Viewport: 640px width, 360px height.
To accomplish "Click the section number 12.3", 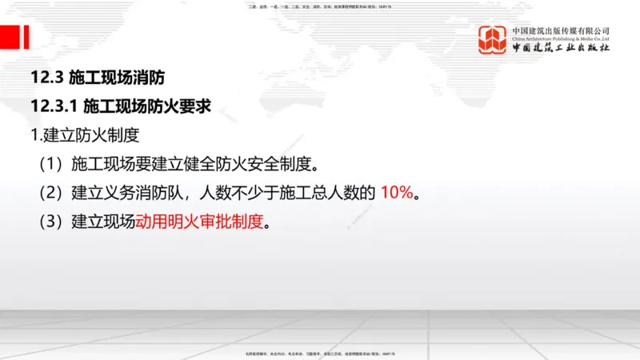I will pyautogui.click(x=46, y=78).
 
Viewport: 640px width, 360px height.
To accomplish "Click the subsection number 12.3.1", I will pyautogui.click(x=53, y=106).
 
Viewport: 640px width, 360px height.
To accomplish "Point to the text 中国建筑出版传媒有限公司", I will pyautogui.click(x=561, y=29).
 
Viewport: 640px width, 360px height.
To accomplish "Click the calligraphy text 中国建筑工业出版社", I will pyautogui.click(x=561, y=49).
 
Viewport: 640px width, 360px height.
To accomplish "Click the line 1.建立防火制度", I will pyautogui.click(x=84, y=135).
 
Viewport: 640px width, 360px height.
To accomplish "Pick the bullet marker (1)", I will pyautogui.click(x=51, y=165).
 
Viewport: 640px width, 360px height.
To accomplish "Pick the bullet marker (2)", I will pyautogui.click(x=51, y=194).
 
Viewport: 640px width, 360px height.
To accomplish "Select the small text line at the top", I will pyautogui.click(x=320, y=6).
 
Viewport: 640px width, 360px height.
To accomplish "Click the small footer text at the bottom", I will pyautogui.click(x=319, y=353).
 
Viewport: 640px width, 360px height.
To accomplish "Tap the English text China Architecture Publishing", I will pyautogui.click(x=561, y=38).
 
